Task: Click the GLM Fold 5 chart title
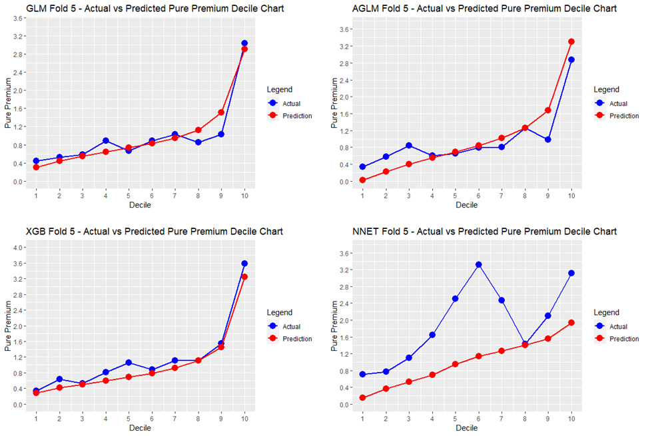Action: pyautogui.click(x=145, y=9)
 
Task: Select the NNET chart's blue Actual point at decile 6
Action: pyautogui.click(x=479, y=264)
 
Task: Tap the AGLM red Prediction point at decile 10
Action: pyautogui.click(x=571, y=41)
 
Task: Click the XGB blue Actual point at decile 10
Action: pyautogui.click(x=244, y=264)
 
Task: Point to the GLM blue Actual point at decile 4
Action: pyautogui.click(x=106, y=141)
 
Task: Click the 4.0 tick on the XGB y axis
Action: pyautogui.click(x=17, y=248)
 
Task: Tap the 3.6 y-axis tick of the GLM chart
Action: pyautogui.click(x=17, y=18)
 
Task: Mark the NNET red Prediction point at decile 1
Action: pyautogui.click(x=363, y=398)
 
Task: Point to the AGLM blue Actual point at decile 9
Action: pyautogui.click(x=548, y=140)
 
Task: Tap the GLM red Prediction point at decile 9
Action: pyautogui.click(x=221, y=112)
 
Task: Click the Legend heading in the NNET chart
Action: pyautogui.click(x=606, y=312)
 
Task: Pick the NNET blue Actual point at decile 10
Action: pyautogui.click(x=571, y=273)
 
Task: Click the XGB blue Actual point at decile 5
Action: pyautogui.click(x=129, y=363)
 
